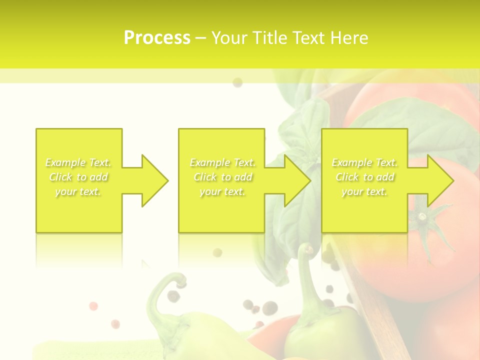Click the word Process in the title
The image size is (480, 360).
click(157, 38)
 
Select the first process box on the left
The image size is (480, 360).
click(78, 210)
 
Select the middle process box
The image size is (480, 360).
click(221, 210)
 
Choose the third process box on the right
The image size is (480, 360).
click(364, 210)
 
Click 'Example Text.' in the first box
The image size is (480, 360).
click(78, 162)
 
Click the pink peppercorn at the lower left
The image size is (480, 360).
click(93, 305)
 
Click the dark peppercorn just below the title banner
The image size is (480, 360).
click(237, 82)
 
